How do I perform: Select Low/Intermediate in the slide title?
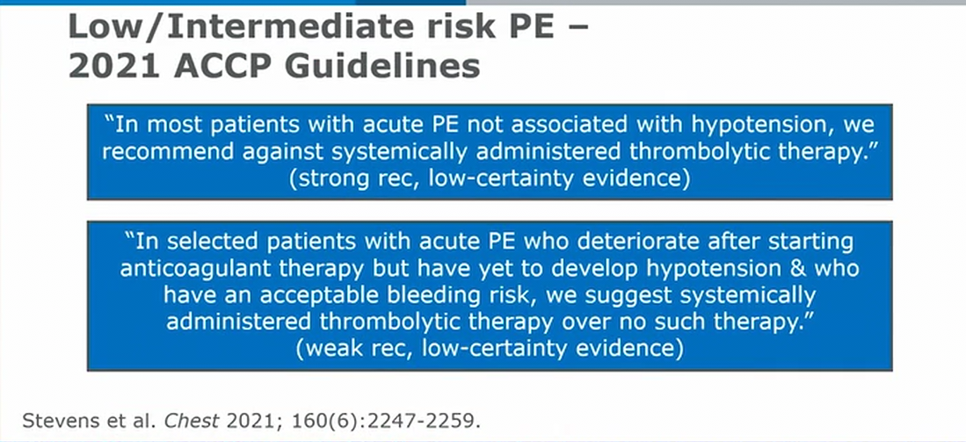click(241, 26)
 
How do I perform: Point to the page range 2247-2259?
click(419, 421)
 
